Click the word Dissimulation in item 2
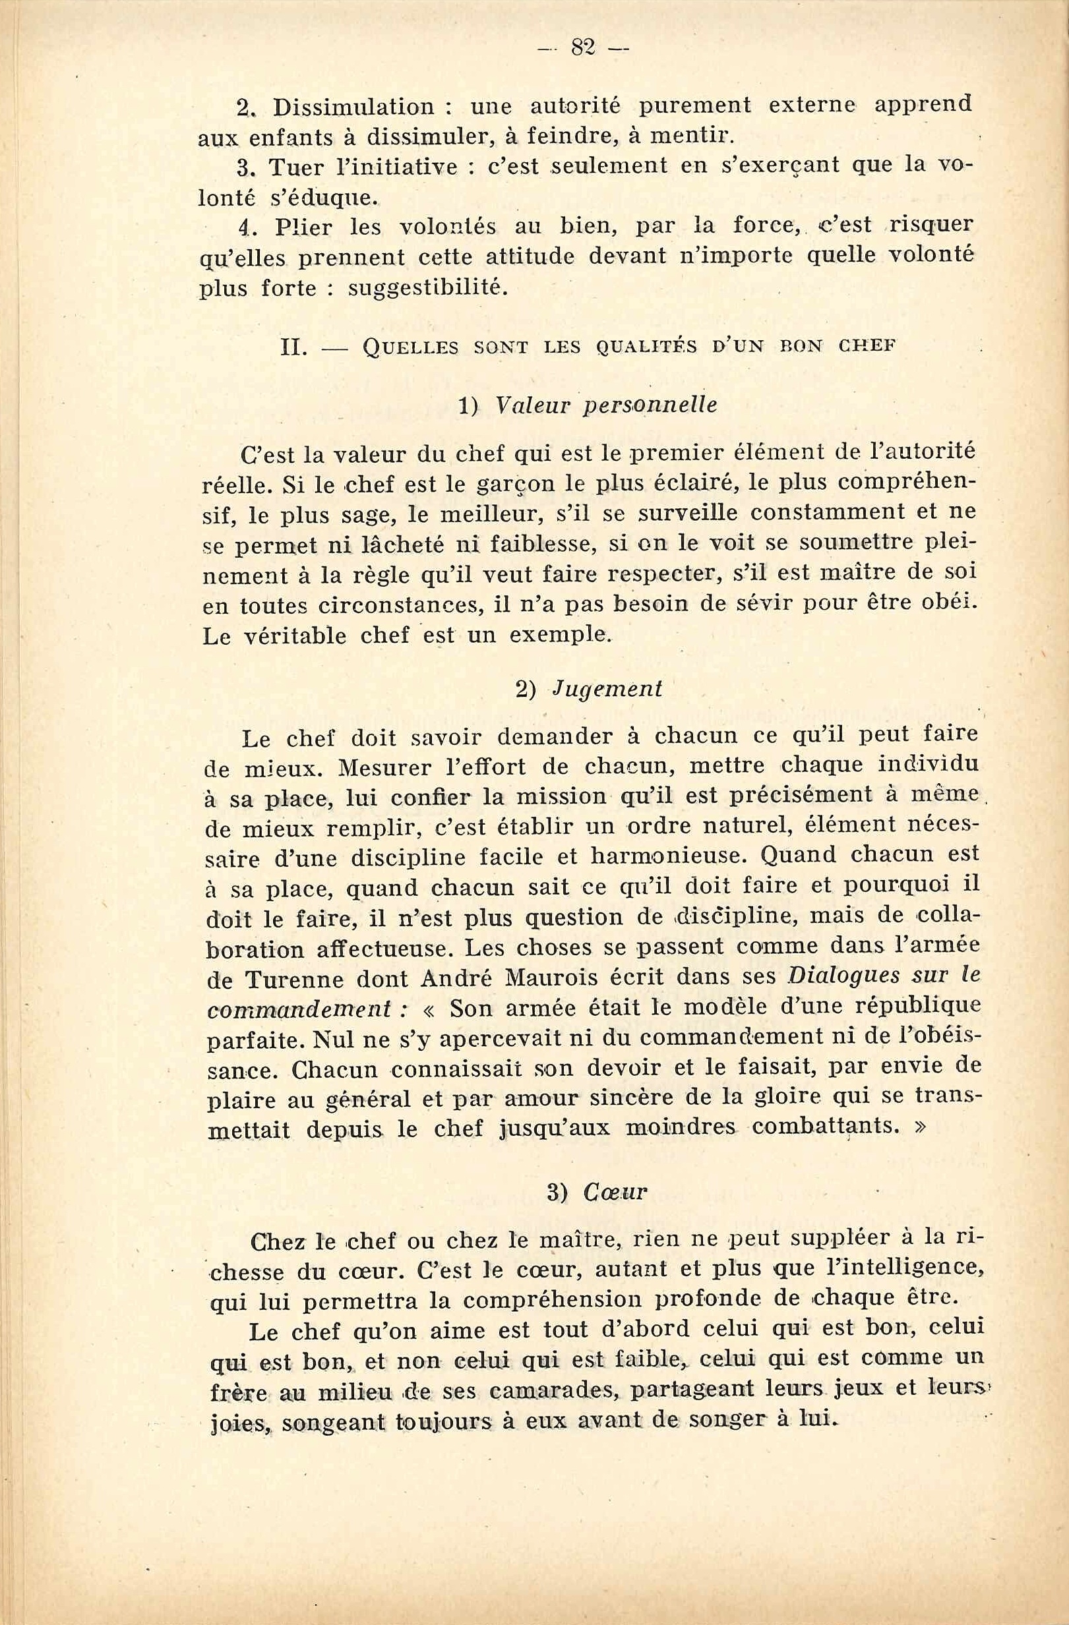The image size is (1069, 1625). pos(353,107)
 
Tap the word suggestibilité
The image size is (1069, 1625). pos(427,289)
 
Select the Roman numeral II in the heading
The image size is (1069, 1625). pos(293,347)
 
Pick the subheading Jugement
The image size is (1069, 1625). pos(607,690)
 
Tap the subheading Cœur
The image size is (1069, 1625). pos(615,1192)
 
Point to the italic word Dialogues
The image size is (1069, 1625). pos(843,976)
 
